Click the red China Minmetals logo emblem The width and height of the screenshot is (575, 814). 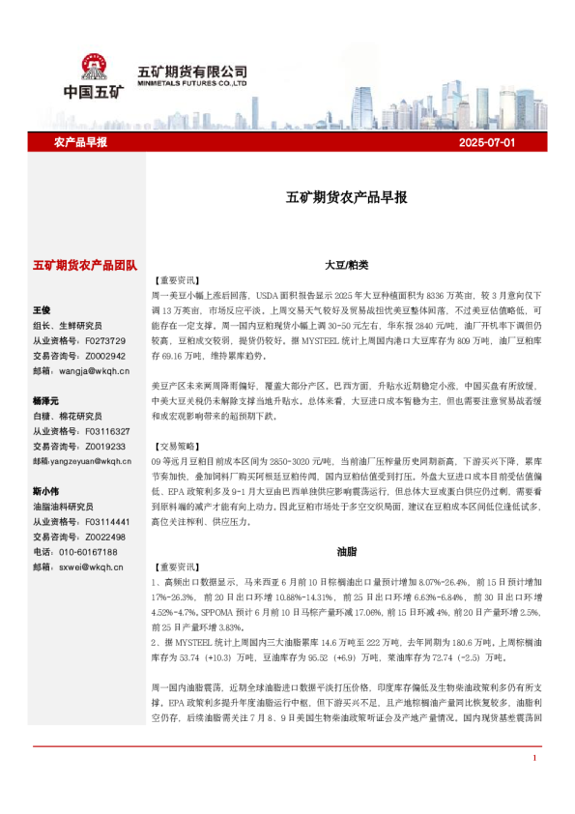(x=94, y=68)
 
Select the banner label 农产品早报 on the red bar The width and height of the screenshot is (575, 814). (x=80, y=142)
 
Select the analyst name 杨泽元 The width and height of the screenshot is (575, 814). (x=45, y=400)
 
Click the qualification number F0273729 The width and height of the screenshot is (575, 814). (x=105, y=340)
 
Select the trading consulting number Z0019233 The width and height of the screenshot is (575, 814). (x=105, y=447)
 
